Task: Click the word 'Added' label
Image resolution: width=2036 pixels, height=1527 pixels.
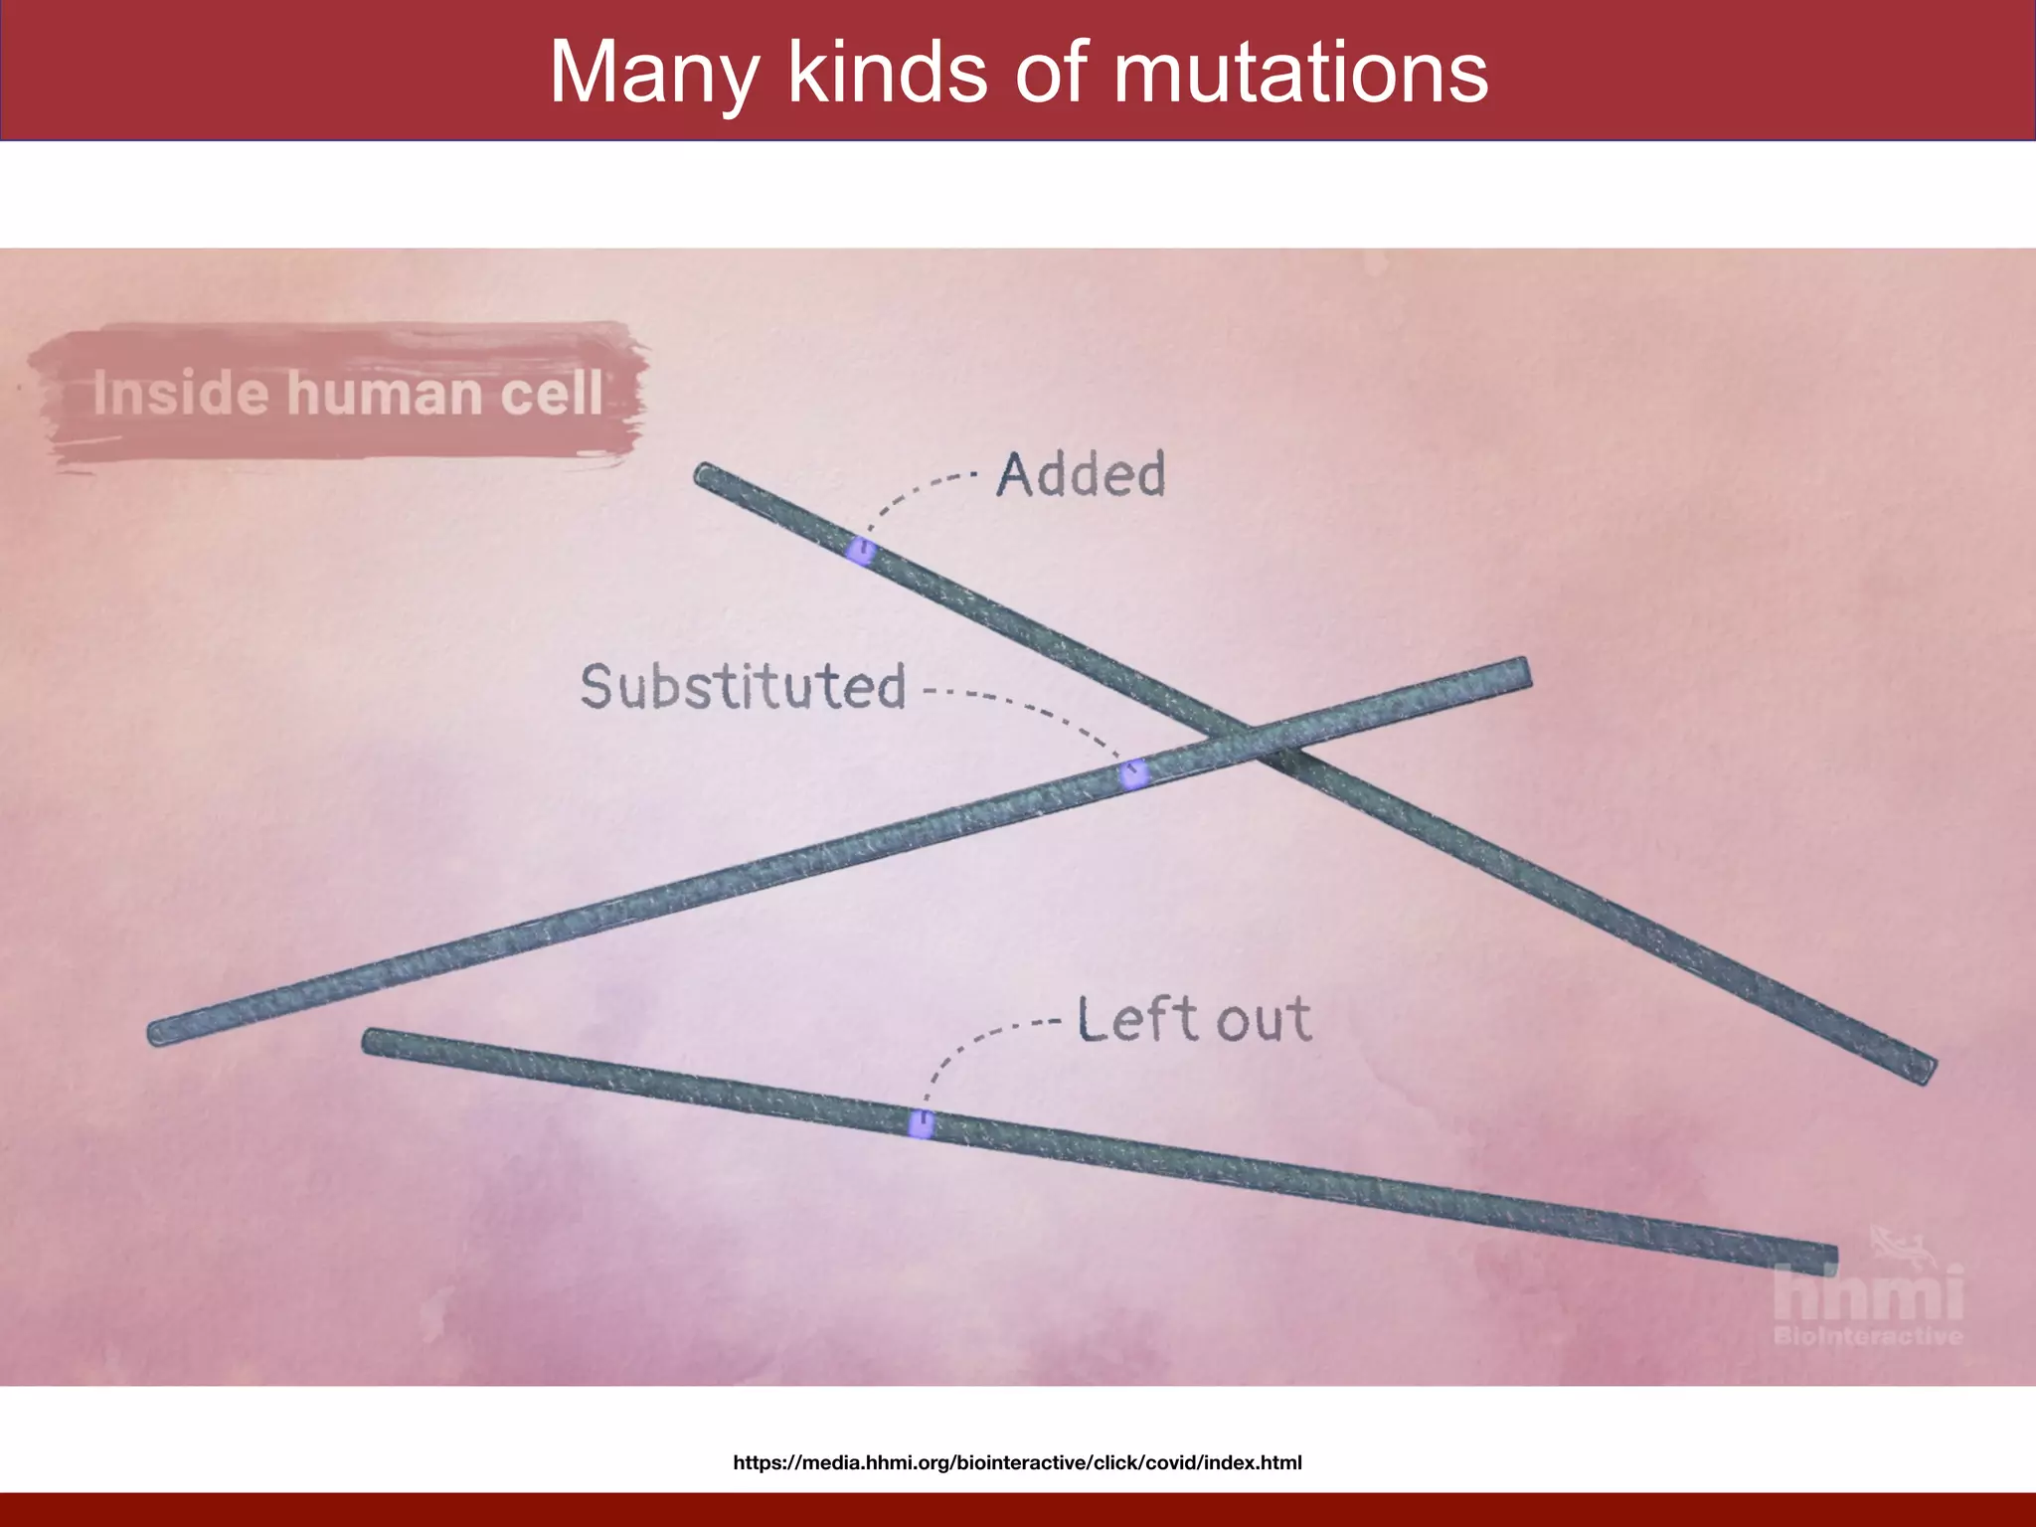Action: pyautogui.click(x=1082, y=474)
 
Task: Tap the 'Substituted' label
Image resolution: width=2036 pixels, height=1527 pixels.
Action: pyautogui.click(x=744, y=687)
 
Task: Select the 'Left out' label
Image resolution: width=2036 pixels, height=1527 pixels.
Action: pyautogui.click(x=1194, y=1019)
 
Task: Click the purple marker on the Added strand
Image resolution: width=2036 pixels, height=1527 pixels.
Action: pyautogui.click(x=861, y=550)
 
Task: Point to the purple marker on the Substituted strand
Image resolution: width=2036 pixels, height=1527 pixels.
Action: pyautogui.click(x=1132, y=772)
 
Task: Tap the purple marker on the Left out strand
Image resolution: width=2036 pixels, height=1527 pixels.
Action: pyautogui.click(x=922, y=1124)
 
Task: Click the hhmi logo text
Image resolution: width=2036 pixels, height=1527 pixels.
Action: pyautogui.click(x=1868, y=1293)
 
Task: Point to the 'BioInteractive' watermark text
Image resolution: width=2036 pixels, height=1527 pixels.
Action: pyautogui.click(x=1868, y=1336)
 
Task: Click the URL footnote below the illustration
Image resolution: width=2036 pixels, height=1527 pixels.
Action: pyautogui.click(x=1017, y=1462)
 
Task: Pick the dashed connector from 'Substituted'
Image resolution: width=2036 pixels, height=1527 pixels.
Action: pyautogui.click(x=1034, y=709)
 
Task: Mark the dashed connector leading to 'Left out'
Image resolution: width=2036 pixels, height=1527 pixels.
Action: pyautogui.click(x=969, y=1044)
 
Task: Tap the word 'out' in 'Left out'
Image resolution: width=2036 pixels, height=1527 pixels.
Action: pyautogui.click(x=1264, y=1021)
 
